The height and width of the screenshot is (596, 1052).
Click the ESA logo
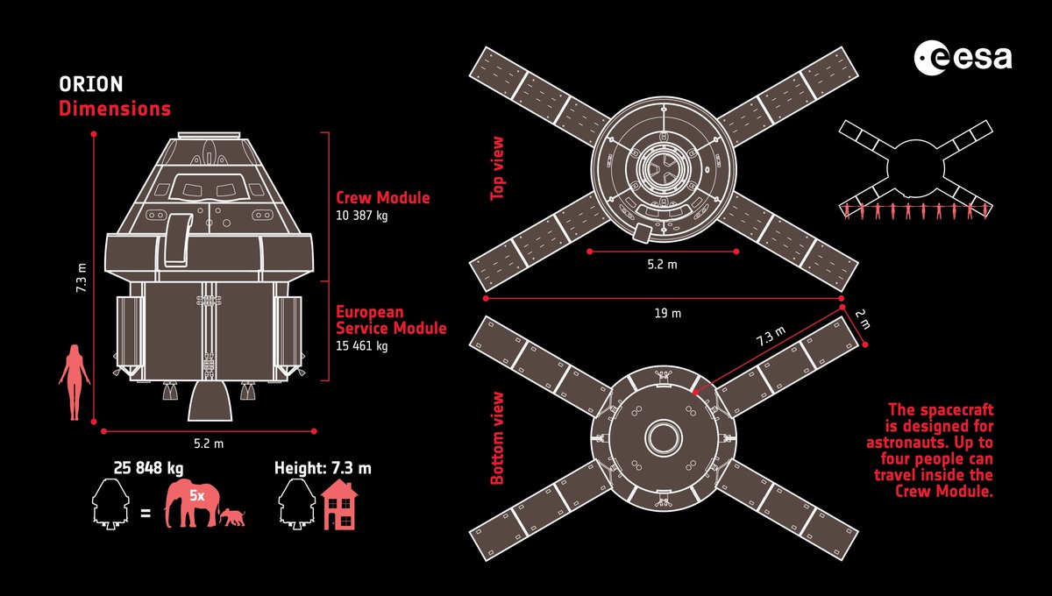pos(963,59)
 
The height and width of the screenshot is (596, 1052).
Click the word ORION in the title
pos(91,85)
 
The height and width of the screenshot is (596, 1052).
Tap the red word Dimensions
pos(115,110)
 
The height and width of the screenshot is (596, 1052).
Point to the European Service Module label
pos(391,320)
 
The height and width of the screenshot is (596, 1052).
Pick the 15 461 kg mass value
pos(362,345)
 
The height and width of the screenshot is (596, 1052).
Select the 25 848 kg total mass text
pos(147,468)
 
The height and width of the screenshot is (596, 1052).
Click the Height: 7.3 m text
pos(323,468)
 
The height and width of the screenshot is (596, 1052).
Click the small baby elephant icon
pos(232,517)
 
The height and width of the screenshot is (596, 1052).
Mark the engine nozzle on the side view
pos(211,401)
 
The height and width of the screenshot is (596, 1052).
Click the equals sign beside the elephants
pos(146,509)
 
